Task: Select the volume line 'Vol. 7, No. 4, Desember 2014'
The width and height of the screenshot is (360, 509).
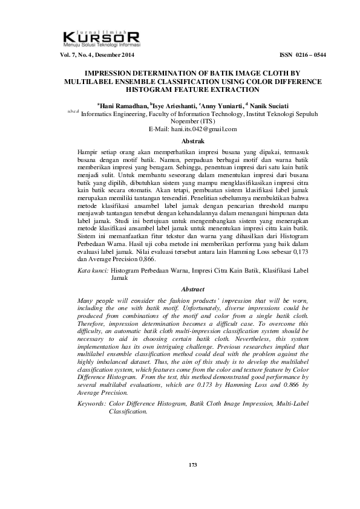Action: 96,55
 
